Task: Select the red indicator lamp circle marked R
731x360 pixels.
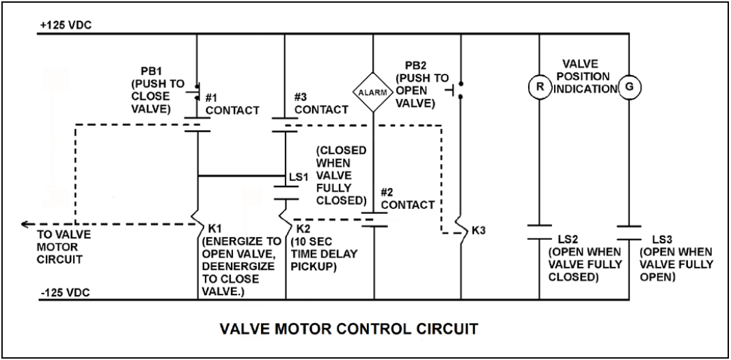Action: point(539,88)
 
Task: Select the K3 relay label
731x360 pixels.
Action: point(479,232)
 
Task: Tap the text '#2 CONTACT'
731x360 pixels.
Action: point(407,199)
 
